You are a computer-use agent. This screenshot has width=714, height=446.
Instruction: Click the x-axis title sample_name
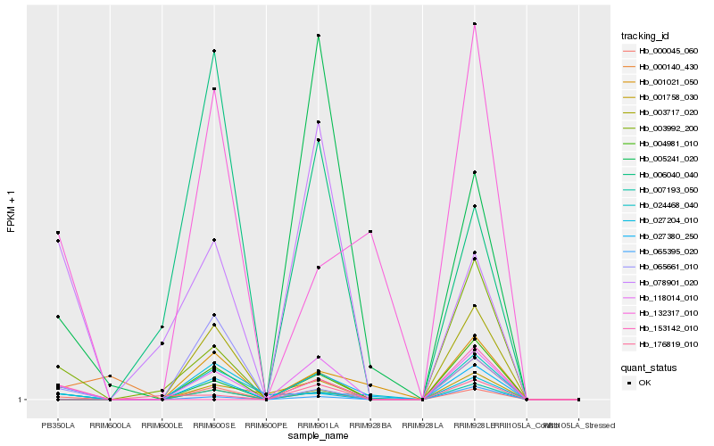(318, 434)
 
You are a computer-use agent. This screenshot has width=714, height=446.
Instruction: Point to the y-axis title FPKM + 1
(12, 211)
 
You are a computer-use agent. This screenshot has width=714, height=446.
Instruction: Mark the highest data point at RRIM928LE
(475, 24)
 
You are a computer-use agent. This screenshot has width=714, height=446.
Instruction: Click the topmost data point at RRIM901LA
(319, 36)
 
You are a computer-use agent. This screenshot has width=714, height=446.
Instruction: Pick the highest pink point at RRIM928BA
(370, 232)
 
